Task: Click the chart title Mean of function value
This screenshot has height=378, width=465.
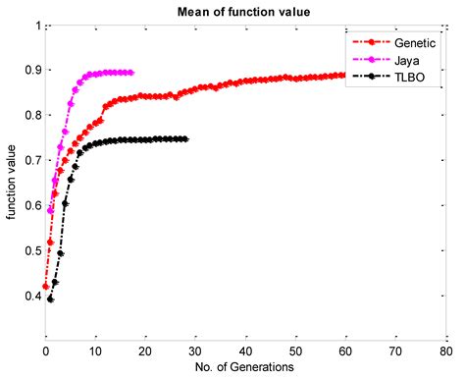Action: click(245, 11)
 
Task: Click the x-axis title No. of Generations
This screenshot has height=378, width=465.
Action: click(244, 367)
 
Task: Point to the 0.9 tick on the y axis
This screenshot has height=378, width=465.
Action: click(32, 71)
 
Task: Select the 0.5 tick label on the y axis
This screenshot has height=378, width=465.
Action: click(32, 250)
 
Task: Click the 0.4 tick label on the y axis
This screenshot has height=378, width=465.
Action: click(32, 296)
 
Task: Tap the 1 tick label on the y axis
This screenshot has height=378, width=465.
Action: click(37, 26)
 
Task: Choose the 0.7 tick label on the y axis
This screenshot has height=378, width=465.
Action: click(32, 161)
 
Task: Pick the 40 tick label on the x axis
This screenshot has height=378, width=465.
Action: click(245, 351)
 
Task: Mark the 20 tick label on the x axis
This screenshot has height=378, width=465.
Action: click(145, 351)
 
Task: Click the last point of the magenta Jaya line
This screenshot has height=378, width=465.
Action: click(130, 72)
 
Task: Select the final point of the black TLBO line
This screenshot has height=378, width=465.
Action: click(185, 139)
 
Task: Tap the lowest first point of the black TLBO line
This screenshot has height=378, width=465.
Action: click(50, 299)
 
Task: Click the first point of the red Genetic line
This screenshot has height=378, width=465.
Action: click(45, 286)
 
